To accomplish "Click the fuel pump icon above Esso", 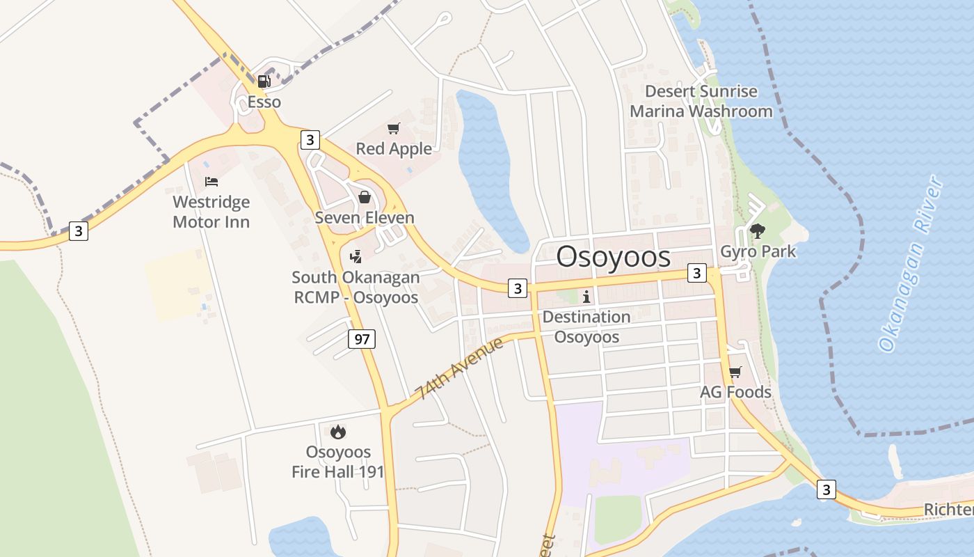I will click(264, 81).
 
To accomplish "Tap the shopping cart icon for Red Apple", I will click(394, 128).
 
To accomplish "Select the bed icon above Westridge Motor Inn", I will click(211, 182).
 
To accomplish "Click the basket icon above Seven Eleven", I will click(364, 197).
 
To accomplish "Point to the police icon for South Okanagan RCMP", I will click(356, 256).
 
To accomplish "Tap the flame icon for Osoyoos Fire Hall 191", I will click(338, 432).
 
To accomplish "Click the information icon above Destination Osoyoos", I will click(586, 297).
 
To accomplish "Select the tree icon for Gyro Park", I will click(758, 231).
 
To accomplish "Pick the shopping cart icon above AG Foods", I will click(735, 372).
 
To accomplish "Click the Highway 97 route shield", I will click(362, 339).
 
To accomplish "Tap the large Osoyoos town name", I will click(614, 257).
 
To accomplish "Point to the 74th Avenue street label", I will click(459, 369).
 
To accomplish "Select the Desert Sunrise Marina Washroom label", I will click(701, 101).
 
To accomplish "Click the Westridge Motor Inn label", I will click(211, 212).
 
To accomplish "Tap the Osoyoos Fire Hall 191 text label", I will click(338, 462).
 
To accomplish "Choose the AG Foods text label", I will click(735, 392).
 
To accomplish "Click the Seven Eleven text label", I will click(365, 217).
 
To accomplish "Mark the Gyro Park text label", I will click(758, 251).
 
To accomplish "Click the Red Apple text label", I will click(394, 148).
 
